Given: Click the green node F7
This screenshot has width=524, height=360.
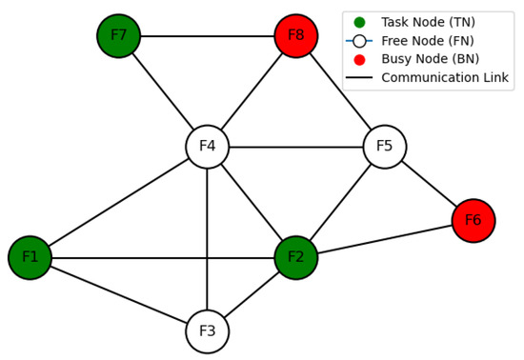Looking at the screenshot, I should pos(118,36).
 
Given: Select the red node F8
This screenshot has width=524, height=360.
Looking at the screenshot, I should pos(295,36).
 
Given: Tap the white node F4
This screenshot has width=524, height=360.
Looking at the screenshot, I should pos(207,147).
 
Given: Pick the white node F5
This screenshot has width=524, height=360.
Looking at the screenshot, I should pos(384,147).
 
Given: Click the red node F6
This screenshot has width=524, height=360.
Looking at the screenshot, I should pos(473,221).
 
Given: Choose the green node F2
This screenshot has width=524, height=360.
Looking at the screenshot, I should pos(295,257).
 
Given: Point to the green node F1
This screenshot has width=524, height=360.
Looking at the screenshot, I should pos(30,257).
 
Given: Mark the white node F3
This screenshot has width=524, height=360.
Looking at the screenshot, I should pos(207,331).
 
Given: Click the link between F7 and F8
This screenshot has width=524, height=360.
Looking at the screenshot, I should pos(207,36).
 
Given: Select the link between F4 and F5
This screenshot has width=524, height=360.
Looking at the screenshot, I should pos(295,147).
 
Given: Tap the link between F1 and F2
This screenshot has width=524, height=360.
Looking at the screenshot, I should pos(162,257).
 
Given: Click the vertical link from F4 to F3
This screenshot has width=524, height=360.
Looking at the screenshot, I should pos(207,239).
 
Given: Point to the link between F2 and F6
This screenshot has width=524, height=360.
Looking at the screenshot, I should pos(384,239).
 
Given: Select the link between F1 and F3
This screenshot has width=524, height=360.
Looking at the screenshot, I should pos(118,294).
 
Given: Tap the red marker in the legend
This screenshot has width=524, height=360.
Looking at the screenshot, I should pos(359,59).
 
